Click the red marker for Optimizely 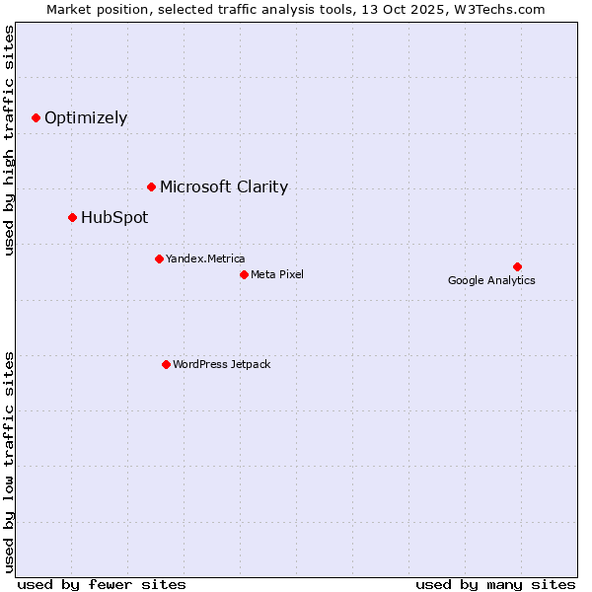point(37,117)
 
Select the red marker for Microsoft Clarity point(151,186)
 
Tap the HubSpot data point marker point(72,217)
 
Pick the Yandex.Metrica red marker point(159,259)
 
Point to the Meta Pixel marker point(244,274)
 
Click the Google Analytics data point point(517,266)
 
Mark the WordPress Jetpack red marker point(166,364)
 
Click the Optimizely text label point(86,118)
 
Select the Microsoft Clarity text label point(224,187)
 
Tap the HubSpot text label point(114,218)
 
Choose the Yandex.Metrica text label point(205,259)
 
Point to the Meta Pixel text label point(277,275)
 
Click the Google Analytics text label point(491,281)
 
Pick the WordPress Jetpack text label point(221,365)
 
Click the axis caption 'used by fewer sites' point(102,584)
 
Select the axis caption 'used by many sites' point(495,584)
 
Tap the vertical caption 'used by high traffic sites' point(10,140)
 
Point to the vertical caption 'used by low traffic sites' point(10,461)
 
